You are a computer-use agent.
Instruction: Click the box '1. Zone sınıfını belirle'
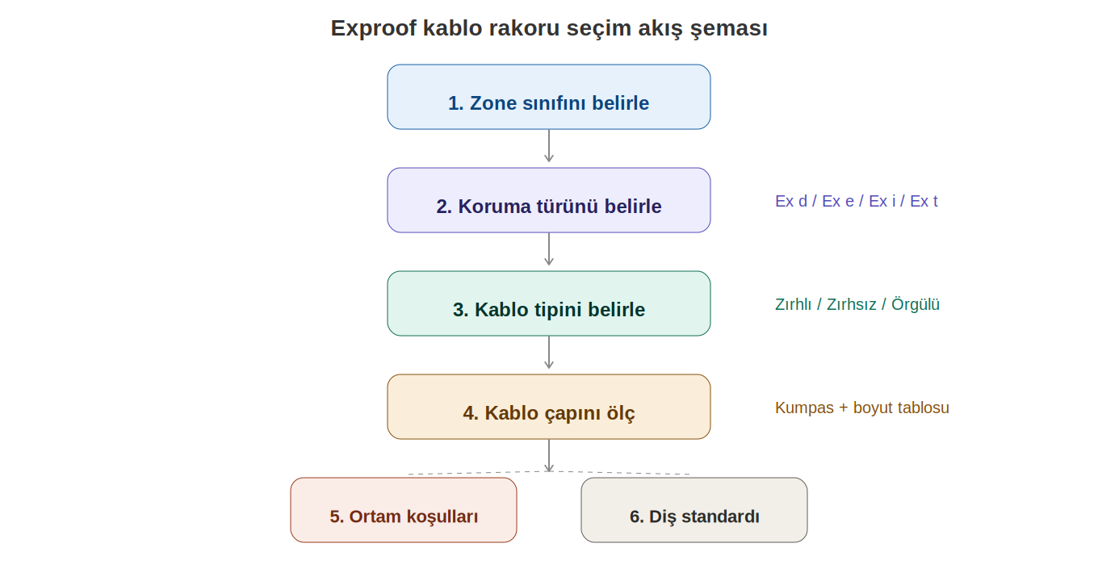click(x=548, y=97)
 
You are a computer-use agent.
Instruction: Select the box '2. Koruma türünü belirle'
click(x=548, y=200)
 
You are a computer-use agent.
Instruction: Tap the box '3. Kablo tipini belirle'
click(x=548, y=303)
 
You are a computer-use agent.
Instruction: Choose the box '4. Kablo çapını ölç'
click(x=548, y=407)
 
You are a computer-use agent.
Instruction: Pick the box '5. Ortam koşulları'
click(x=404, y=510)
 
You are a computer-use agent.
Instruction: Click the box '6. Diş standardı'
click(x=694, y=510)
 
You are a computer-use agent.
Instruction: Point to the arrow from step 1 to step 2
click(x=549, y=146)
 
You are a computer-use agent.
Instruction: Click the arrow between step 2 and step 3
click(x=549, y=249)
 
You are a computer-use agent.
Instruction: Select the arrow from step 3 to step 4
click(x=549, y=353)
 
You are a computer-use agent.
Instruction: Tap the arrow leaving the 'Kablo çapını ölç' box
click(x=549, y=456)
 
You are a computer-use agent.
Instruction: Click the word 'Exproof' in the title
click(x=374, y=28)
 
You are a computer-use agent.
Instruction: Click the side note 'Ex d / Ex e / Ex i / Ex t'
click(x=857, y=201)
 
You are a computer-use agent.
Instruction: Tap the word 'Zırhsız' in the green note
click(x=852, y=304)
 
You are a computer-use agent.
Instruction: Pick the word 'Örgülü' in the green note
click(x=916, y=304)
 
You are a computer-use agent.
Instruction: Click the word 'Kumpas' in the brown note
click(x=804, y=408)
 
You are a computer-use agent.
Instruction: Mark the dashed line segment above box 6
click(x=619, y=473)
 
